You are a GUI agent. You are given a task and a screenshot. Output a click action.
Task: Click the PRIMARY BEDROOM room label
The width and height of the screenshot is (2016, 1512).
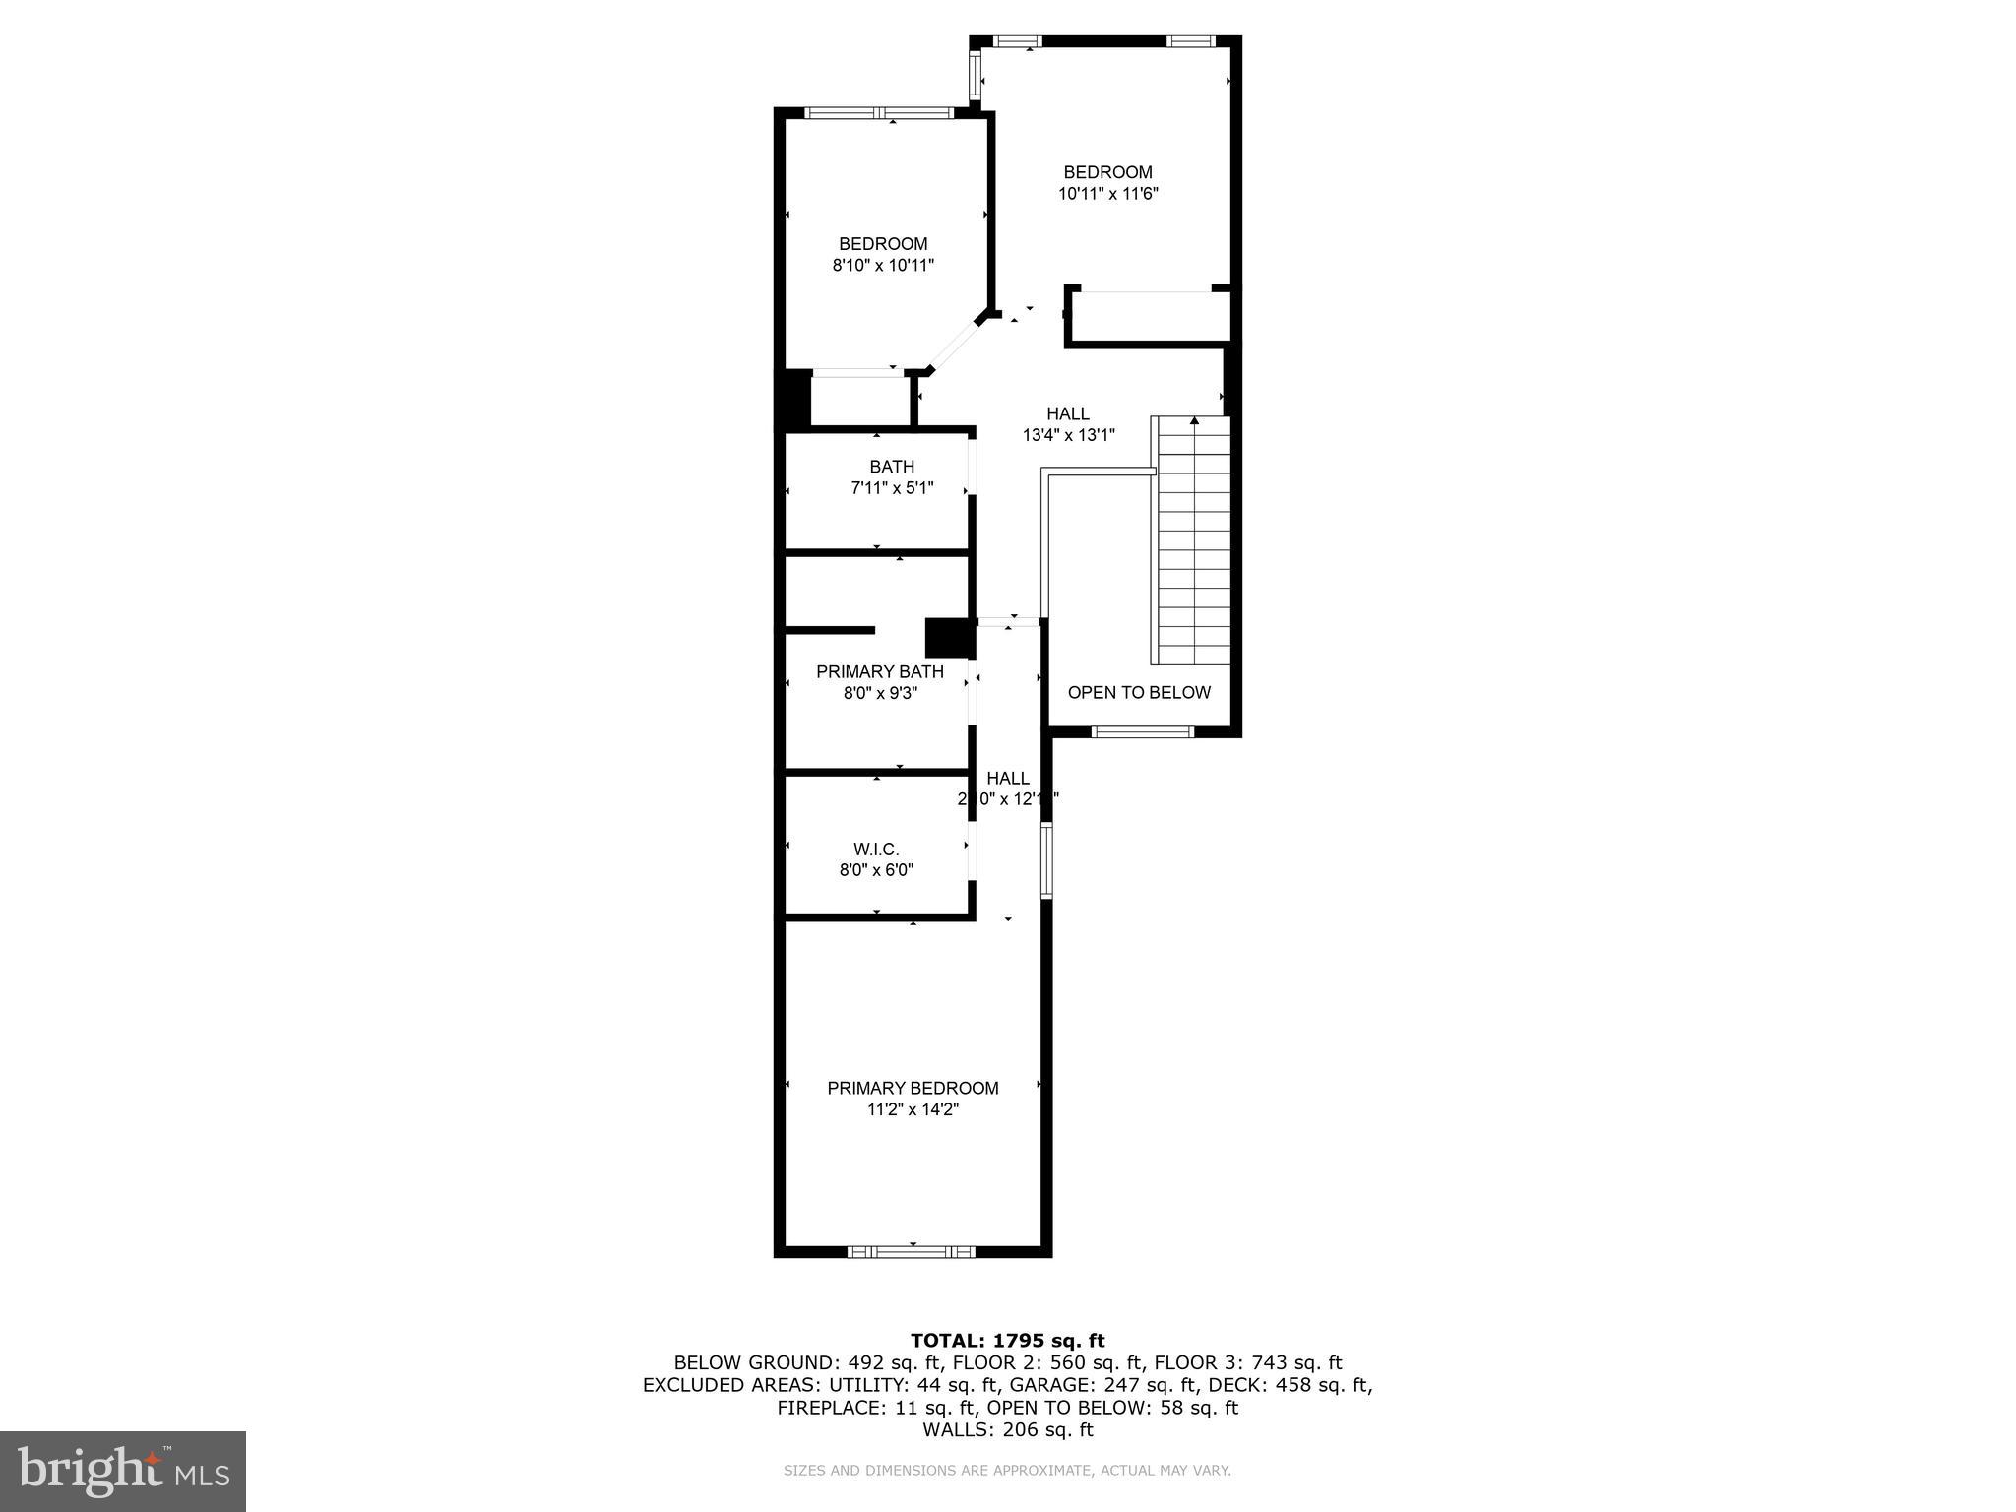913,1088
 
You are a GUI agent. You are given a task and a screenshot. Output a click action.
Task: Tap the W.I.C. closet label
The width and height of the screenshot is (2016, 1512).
875,849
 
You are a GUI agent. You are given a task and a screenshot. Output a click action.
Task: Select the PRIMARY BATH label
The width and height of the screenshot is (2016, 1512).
879,671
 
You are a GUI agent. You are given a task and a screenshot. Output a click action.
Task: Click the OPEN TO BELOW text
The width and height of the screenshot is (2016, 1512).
1139,692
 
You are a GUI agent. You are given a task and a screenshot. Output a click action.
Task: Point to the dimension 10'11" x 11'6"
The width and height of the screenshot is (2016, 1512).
1107,194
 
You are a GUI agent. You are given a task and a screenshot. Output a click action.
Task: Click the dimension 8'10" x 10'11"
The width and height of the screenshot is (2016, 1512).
883,265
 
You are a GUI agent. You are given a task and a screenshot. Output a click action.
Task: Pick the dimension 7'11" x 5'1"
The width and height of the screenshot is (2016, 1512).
892,487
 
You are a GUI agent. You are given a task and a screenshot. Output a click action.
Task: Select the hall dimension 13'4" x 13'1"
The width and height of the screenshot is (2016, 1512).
1068,435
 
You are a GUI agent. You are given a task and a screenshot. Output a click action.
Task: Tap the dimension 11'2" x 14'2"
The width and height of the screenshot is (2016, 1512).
913,1109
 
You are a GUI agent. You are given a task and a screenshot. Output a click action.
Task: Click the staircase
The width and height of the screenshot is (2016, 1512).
1193,541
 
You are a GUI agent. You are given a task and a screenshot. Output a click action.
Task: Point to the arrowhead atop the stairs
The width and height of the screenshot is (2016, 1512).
1194,421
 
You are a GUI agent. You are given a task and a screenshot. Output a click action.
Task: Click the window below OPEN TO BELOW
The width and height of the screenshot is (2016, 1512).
1143,731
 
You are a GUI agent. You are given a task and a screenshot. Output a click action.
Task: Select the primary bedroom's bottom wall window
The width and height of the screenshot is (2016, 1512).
911,1251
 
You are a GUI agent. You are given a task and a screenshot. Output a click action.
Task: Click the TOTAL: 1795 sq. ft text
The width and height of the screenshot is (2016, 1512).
1007,1340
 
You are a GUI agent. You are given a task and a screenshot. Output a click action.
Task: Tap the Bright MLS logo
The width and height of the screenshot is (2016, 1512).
123,1471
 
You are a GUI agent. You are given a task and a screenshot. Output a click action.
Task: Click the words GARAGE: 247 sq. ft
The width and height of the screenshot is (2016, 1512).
1106,1384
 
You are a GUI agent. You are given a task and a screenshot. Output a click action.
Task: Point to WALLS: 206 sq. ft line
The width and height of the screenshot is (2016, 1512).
1007,1429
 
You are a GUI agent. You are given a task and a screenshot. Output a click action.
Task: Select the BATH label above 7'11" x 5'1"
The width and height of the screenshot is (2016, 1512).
892,467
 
